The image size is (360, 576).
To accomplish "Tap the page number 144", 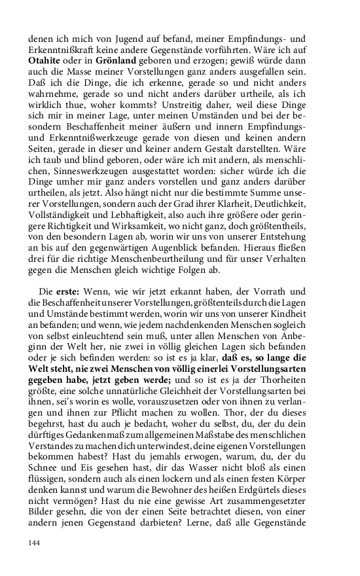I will [35, 543].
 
